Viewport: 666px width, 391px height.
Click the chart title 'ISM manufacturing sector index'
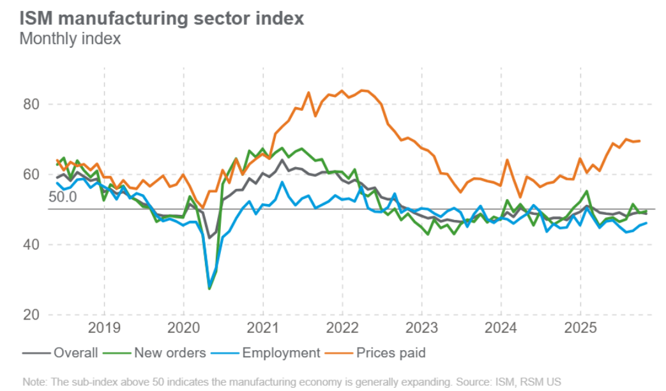(x=162, y=18)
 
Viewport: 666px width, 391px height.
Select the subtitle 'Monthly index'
(x=70, y=39)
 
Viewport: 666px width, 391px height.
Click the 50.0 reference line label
(x=63, y=197)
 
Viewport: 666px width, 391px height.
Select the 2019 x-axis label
(x=104, y=328)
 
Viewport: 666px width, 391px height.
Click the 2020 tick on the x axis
(x=183, y=328)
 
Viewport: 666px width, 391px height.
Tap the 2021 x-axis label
(x=262, y=328)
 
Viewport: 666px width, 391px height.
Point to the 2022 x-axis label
(x=342, y=328)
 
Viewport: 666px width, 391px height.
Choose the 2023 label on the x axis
(x=421, y=328)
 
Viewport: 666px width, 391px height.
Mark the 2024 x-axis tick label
(x=501, y=328)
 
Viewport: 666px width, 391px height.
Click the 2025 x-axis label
(x=580, y=328)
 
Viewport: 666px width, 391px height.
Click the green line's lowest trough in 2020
(x=209, y=289)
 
